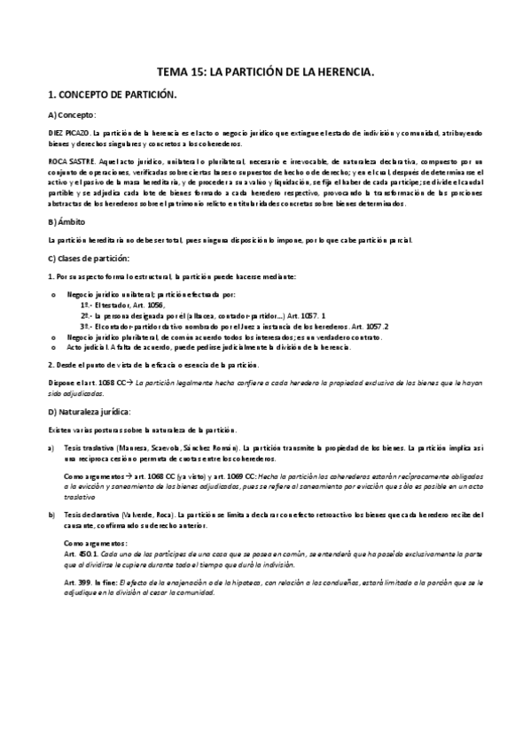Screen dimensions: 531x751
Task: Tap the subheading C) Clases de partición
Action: click(89, 258)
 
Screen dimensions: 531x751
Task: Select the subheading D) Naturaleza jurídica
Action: click(90, 412)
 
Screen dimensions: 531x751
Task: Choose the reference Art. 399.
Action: click(74, 581)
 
